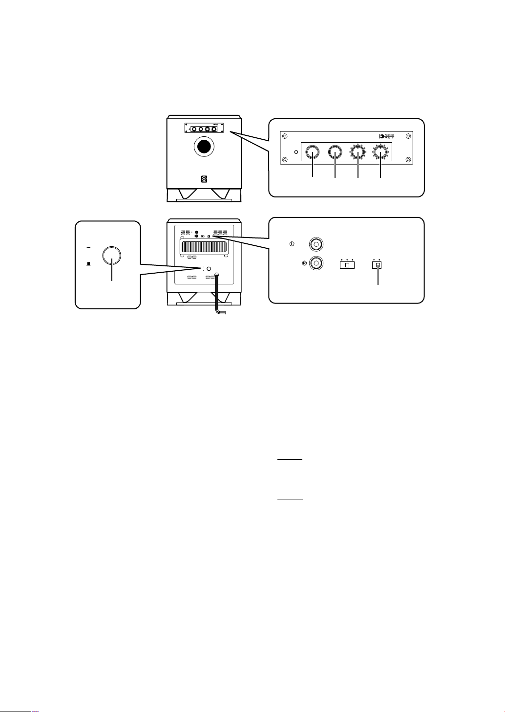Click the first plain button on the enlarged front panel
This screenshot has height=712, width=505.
tap(312, 153)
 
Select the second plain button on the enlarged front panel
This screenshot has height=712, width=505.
tap(335, 153)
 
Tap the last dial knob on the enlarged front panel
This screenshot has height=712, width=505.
tap(380, 153)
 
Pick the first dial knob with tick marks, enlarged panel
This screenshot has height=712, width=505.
tap(358, 153)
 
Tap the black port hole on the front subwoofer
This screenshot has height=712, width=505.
tap(204, 147)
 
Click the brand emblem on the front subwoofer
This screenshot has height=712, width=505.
tap(204, 179)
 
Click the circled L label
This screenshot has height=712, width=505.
tap(292, 243)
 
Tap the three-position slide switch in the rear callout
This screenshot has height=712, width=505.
tap(347, 265)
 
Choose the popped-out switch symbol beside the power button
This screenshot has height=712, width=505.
tap(89, 247)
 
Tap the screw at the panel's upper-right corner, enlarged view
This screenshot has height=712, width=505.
tap(408, 136)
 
